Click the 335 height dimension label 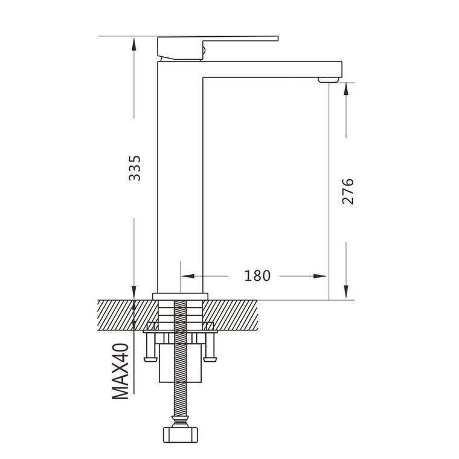(135, 168)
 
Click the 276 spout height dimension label (348, 191)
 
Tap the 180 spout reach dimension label (257, 276)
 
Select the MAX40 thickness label (120, 371)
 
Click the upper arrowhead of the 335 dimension (134, 44)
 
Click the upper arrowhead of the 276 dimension (346, 89)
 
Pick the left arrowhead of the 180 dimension (188, 276)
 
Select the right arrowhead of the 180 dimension (319, 276)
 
